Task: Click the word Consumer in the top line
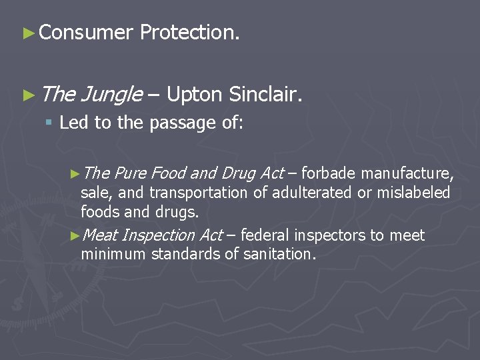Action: click(86, 32)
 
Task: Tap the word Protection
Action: click(189, 32)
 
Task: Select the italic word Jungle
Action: click(111, 96)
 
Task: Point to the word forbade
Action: click(329, 174)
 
